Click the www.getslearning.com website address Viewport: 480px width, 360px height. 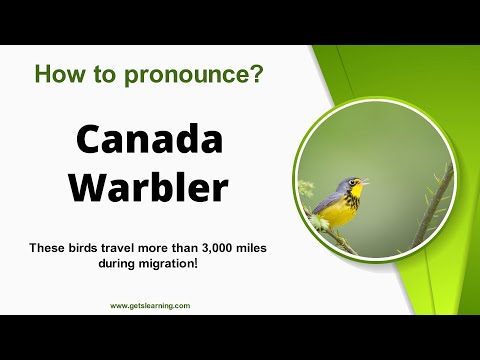click(150, 306)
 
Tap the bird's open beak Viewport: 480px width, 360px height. click(364, 182)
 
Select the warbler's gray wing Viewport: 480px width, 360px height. click(328, 205)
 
